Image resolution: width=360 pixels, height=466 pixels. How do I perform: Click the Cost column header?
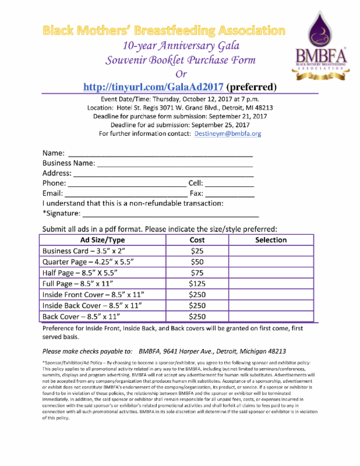point(197,240)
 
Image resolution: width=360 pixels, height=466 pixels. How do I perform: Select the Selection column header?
point(271,240)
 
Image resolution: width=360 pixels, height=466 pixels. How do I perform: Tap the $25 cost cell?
point(197,251)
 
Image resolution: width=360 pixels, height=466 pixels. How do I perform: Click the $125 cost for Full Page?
point(197,284)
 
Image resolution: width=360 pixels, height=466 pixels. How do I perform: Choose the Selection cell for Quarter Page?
point(271,262)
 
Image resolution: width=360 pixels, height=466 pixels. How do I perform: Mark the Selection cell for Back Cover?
point(271,317)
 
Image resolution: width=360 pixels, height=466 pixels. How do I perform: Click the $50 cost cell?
point(197,262)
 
